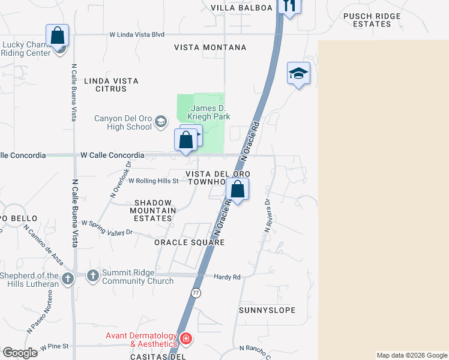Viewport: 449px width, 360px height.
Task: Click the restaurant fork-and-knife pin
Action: [289, 6]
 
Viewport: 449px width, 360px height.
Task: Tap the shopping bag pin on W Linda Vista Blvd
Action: [58, 35]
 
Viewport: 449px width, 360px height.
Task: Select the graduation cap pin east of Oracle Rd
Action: [298, 74]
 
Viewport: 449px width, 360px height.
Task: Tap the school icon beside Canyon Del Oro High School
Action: [160, 122]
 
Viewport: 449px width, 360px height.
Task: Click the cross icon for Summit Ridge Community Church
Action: [92, 276]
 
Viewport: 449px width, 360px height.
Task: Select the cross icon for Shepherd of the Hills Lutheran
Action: [68, 278]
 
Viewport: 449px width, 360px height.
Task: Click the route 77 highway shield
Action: [196, 293]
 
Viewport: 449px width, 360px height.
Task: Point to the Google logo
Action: [20, 352]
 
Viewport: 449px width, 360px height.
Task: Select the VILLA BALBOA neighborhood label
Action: [242, 8]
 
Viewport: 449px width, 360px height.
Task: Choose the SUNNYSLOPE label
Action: [267, 310]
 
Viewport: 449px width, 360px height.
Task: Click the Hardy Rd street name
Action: [227, 277]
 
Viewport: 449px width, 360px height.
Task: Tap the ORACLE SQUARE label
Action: [189, 242]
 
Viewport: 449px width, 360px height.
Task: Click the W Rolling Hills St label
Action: [154, 181]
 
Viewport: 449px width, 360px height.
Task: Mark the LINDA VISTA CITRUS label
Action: [111, 85]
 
